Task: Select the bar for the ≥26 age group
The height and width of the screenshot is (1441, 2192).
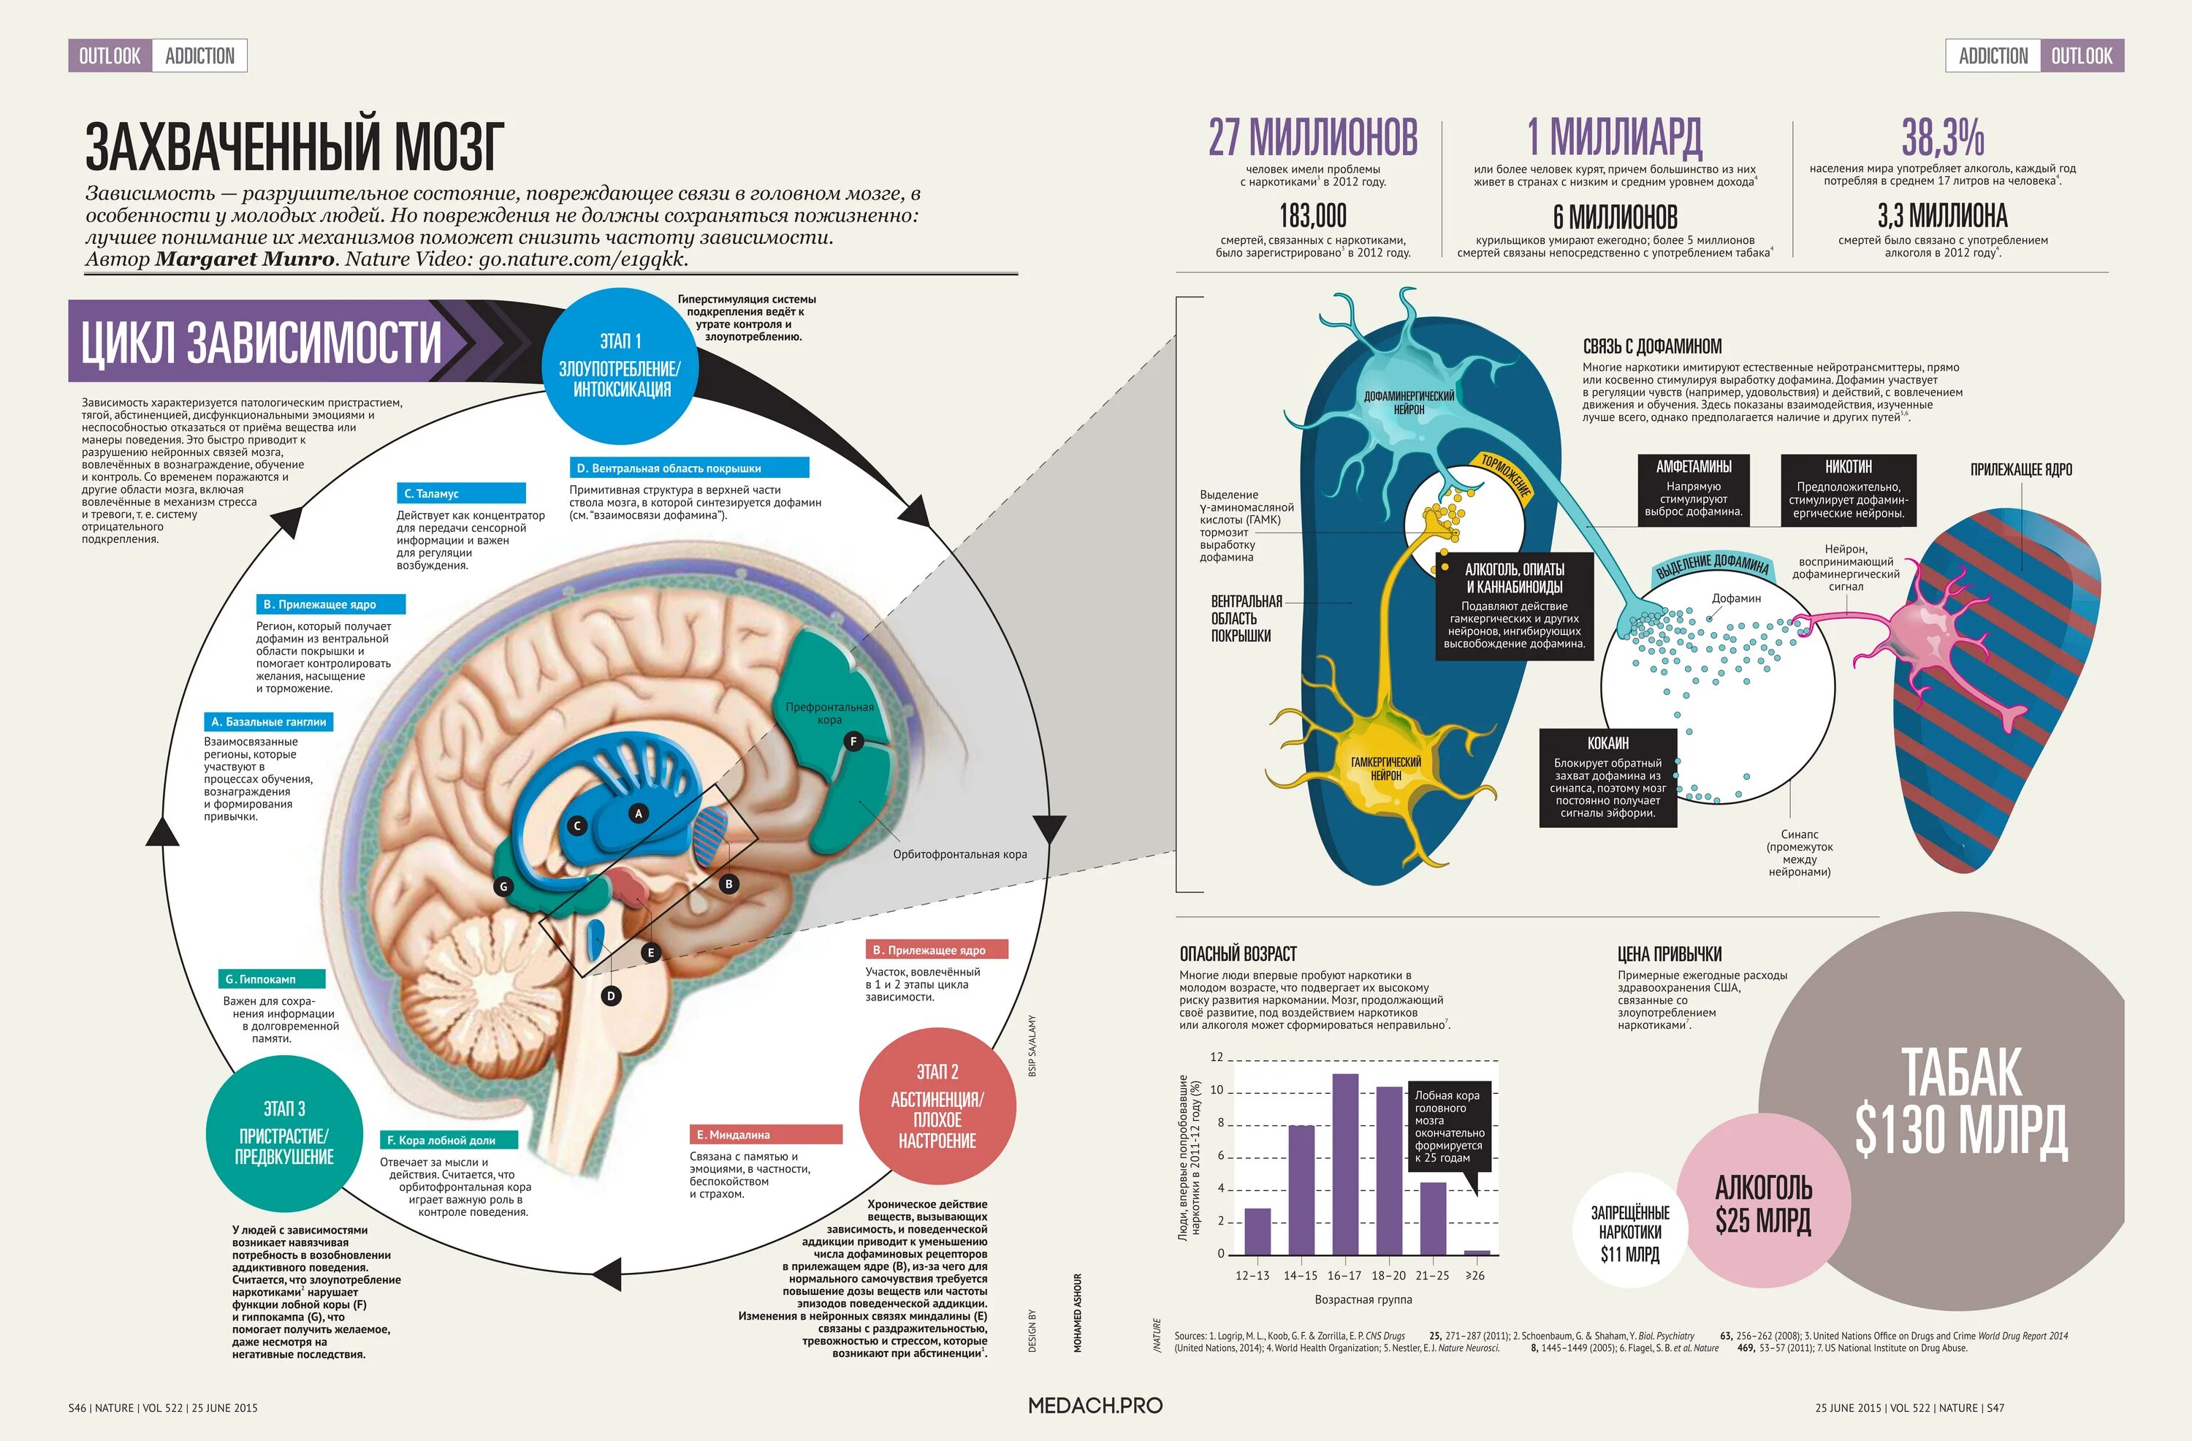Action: click(x=1477, y=1252)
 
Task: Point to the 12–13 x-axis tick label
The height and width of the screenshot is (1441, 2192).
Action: click(x=1252, y=1276)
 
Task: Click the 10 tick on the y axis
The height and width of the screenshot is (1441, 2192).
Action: click(x=1217, y=1090)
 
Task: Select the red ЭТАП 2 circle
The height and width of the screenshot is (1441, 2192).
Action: click(x=937, y=1106)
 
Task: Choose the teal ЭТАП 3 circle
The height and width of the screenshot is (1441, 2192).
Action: click(x=283, y=1133)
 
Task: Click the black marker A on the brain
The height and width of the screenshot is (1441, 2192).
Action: click(x=639, y=813)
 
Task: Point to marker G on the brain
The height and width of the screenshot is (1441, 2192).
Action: click(x=503, y=886)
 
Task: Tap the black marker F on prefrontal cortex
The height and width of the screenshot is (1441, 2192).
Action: click(x=853, y=742)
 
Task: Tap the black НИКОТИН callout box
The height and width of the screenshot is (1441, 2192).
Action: click(x=1848, y=490)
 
